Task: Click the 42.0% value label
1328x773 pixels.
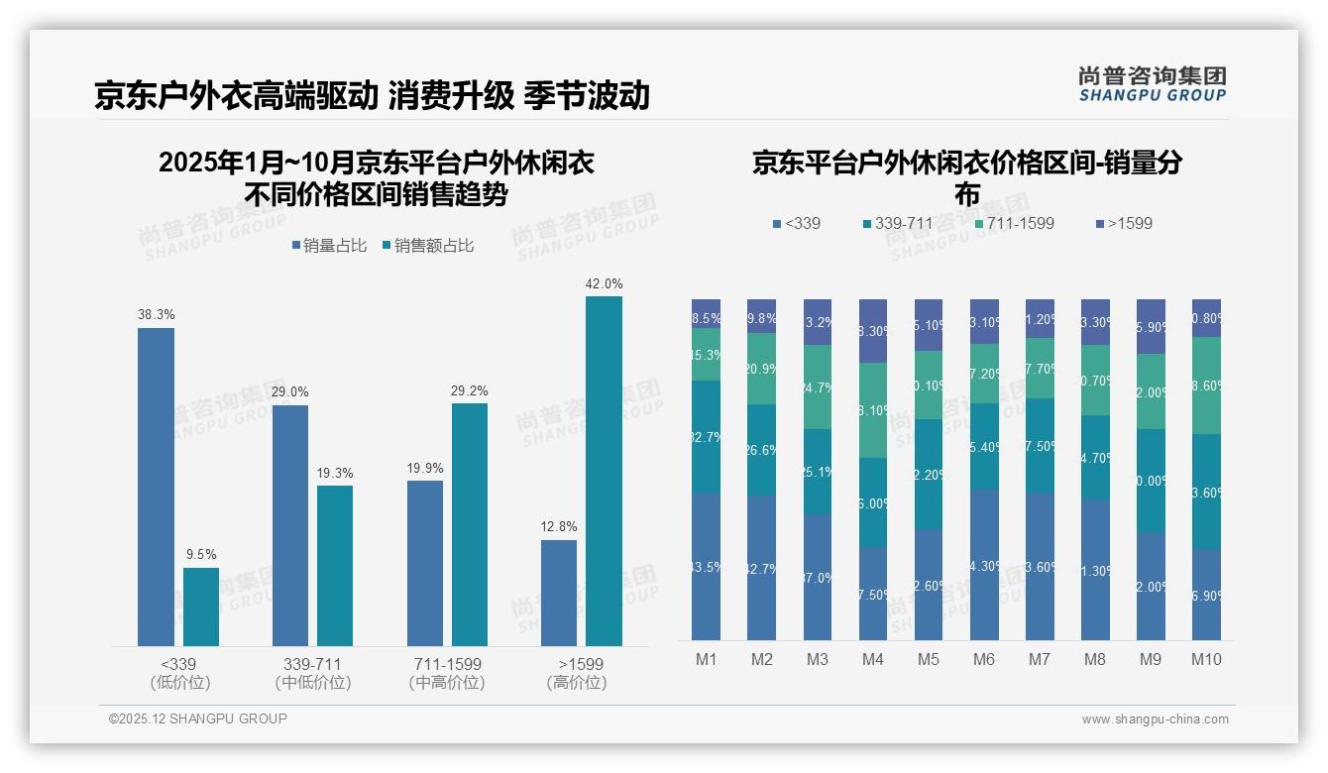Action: (x=604, y=284)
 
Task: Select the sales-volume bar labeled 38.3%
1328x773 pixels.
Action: (x=156, y=487)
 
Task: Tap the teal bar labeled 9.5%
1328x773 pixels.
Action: (x=201, y=607)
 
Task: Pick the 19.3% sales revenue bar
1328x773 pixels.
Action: (x=335, y=565)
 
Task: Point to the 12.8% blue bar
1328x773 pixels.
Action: (x=559, y=593)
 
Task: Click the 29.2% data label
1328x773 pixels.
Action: (x=470, y=391)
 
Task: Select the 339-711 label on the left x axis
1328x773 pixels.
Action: (x=313, y=664)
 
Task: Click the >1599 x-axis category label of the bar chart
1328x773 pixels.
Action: (x=581, y=664)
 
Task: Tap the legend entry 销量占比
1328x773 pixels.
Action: (x=328, y=245)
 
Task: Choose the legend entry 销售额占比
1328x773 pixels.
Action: (x=427, y=245)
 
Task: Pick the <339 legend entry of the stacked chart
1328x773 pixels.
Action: (x=797, y=223)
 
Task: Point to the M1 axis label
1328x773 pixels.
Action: (x=706, y=659)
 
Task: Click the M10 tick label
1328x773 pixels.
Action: (x=1206, y=659)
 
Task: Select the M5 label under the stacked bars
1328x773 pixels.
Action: (x=929, y=659)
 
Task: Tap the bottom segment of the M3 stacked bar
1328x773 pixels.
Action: (x=818, y=577)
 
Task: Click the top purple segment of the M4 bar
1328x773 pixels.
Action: (x=873, y=331)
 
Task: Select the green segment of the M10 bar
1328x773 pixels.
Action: (x=1206, y=386)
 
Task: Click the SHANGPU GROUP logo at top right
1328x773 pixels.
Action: (x=1152, y=84)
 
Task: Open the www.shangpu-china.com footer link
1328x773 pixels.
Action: (x=1155, y=719)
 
